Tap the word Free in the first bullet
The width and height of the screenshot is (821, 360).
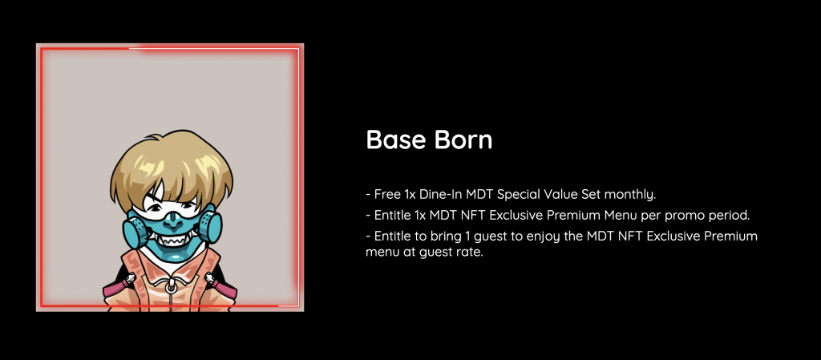[387, 195]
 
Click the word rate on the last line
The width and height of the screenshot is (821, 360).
[470, 253]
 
